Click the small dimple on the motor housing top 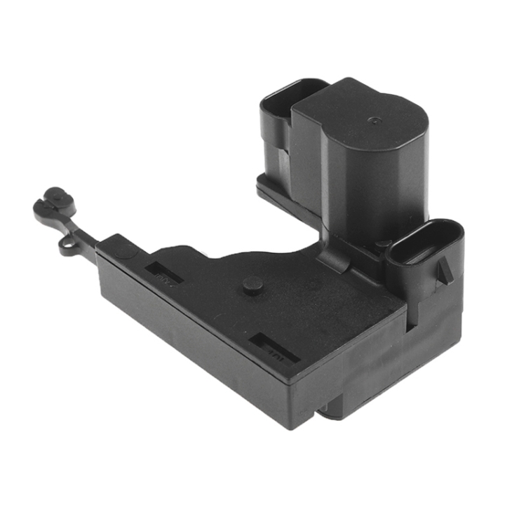pyautogui.click(x=372, y=120)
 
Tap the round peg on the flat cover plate pyautogui.click(x=253, y=285)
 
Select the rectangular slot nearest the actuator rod pyautogui.click(x=166, y=272)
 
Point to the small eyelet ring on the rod pyautogui.click(x=69, y=244)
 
